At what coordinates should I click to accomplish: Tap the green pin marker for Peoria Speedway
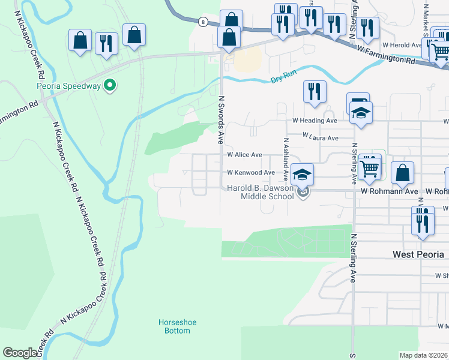click(109, 86)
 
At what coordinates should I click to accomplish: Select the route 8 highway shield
click(204, 22)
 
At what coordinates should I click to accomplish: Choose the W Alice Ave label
click(244, 154)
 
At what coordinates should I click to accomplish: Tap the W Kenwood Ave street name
click(251, 173)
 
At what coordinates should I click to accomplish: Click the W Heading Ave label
click(315, 121)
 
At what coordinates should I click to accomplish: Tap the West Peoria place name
click(418, 254)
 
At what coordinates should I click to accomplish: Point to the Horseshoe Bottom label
click(178, 326)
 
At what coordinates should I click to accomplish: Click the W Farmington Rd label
click(385, 58)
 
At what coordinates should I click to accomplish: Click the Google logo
click(20, 353)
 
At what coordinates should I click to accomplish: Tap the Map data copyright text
click(424, 355)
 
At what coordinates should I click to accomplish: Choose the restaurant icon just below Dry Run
click(315, 92)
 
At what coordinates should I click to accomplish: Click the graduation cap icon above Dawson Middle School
click(303, 174)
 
